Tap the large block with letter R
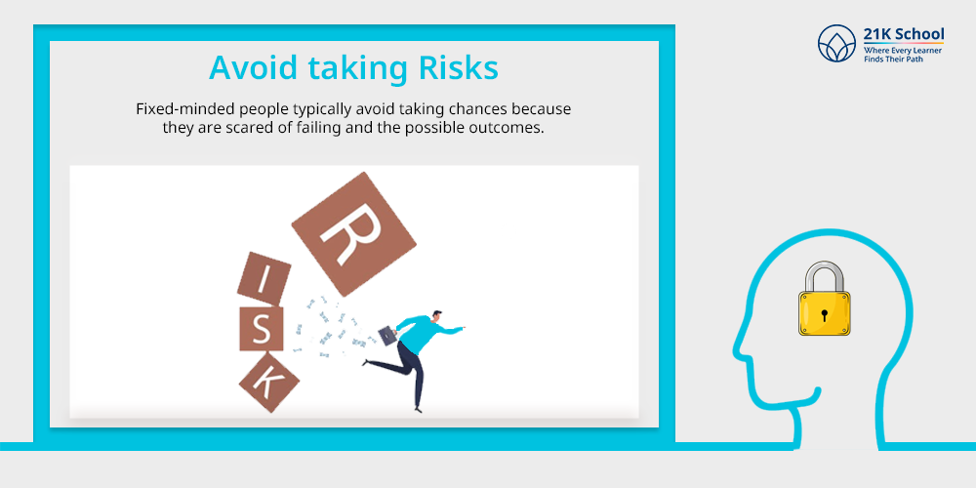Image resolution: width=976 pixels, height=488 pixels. click(353, 233)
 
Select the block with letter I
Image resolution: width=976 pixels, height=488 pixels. click(264, 278)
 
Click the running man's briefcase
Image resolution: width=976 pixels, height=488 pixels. click(386, 335)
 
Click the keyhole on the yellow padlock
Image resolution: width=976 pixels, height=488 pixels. click(824, 314)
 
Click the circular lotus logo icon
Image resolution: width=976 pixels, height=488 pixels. click(836, 44)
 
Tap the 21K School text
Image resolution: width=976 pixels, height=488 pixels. click(903, 33)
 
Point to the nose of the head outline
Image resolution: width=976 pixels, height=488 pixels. click(738, 351)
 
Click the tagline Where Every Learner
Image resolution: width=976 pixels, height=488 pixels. click(902, 50)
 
